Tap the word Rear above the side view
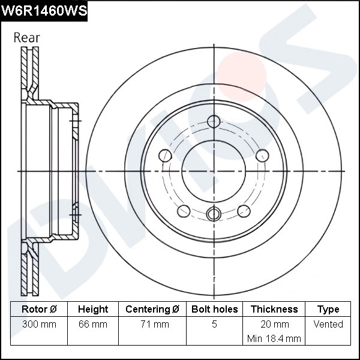coord(26,37)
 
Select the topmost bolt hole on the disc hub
coord(214,121)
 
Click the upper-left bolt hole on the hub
coord(166,156)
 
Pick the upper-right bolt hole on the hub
coord(262,156)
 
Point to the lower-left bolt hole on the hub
coord(184,211)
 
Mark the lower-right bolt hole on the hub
coord(244,211)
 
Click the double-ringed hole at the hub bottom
coord(214,214)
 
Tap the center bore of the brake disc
coord(214,171)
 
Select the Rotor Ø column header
coord(39,310)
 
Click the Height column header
coord(93,310)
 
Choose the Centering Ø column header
coord(152,310)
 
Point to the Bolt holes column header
coord(214,310)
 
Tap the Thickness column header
coord(274,310)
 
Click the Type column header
coord(328,310)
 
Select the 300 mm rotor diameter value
coord(39,325)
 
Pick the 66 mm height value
coord(93,325)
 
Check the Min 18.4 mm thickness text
coord(274,338)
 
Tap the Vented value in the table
coord(328,325)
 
